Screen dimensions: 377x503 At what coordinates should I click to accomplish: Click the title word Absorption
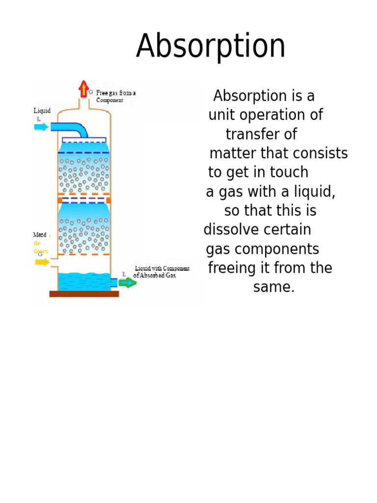[211, 47]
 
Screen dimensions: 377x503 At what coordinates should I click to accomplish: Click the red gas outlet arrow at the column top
[83, 90]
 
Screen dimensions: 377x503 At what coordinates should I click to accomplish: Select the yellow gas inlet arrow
[42, 262]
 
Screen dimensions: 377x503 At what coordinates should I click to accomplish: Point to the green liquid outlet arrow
[128, 283]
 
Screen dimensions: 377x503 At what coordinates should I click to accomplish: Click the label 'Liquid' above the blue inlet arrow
[42, 111]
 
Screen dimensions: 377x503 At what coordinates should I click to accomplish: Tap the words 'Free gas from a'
[116, 93]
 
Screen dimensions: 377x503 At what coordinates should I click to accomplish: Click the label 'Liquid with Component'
[162, 269]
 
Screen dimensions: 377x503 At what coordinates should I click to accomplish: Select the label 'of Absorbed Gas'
[154, 276]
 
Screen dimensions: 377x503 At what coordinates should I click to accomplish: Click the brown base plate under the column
[84, 294]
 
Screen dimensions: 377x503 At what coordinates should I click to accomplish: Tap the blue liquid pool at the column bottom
[84, 281]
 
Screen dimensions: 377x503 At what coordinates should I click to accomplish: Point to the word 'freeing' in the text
[231, 268]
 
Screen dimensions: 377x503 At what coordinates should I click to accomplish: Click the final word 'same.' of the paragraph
[274, 287]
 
